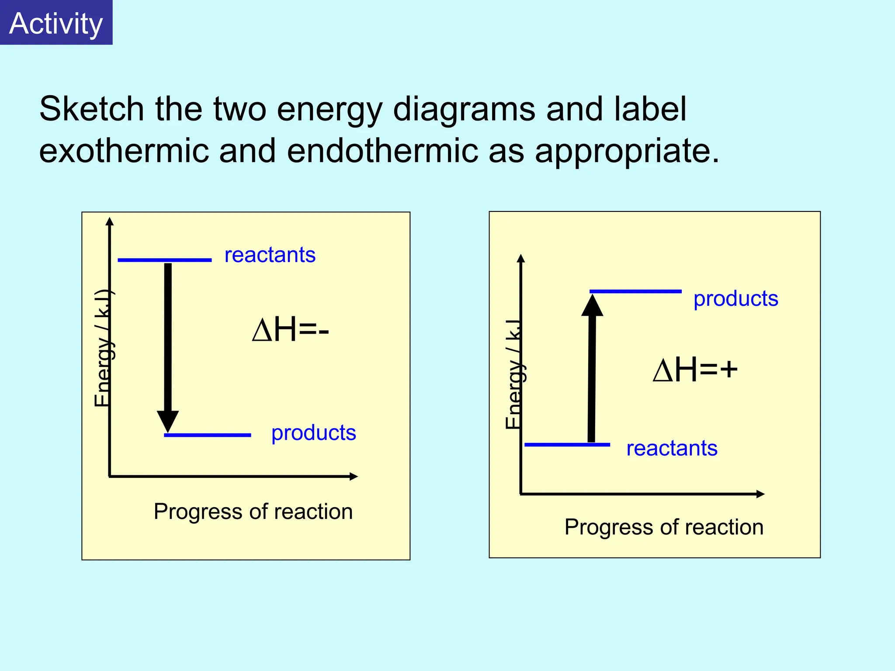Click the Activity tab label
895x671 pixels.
tap(56, 23)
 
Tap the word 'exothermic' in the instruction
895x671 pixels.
tap(124, 151)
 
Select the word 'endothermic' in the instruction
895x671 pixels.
tap(382, 151)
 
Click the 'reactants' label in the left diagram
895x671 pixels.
tap(270, 255)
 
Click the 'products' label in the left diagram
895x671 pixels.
tap(313, 433)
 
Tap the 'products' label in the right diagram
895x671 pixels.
tap(735, 299)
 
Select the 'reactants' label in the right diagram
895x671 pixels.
tap(672, 449)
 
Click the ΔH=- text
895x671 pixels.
tap(290, 330)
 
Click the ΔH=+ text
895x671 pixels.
tap(695, 370)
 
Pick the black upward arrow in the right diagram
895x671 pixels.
tap(592, 367)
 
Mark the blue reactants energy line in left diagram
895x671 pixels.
tap(164, 260)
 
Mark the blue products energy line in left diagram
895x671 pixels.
tap(208, 435)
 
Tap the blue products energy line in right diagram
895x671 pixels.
tap(635, 291)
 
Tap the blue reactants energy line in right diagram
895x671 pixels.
tap(567, 445)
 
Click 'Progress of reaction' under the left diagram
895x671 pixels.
tap(253, 512)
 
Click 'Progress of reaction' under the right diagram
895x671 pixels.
tap(664, 527)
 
